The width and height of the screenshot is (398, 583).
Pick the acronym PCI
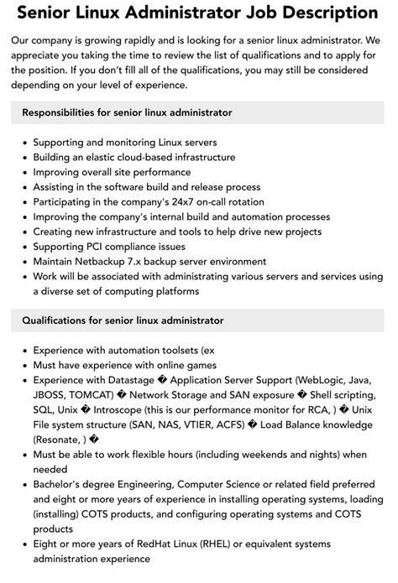(x=103, y=247)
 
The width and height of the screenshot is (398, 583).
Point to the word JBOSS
(x=50, y=394)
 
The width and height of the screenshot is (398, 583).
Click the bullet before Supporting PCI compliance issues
(x=23, y=247)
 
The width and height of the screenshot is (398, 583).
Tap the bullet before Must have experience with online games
(x=23, y=365)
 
